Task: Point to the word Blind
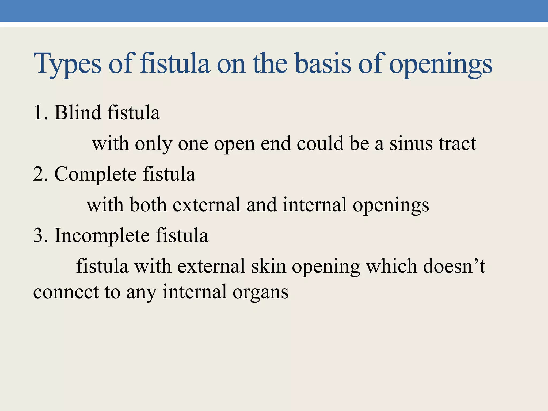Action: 78,112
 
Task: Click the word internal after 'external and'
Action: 315,205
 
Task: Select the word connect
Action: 66,292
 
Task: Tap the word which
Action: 391,266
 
